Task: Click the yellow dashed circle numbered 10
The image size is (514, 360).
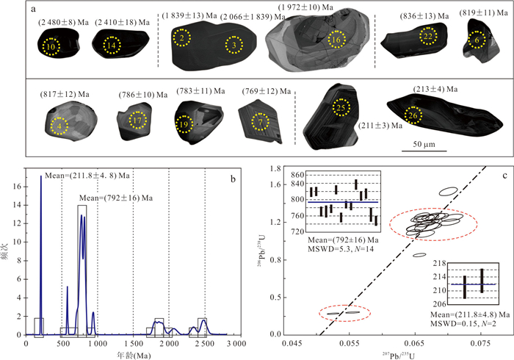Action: click(x=50, y=48)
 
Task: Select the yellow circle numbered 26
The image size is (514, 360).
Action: click(x=413, y=114)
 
